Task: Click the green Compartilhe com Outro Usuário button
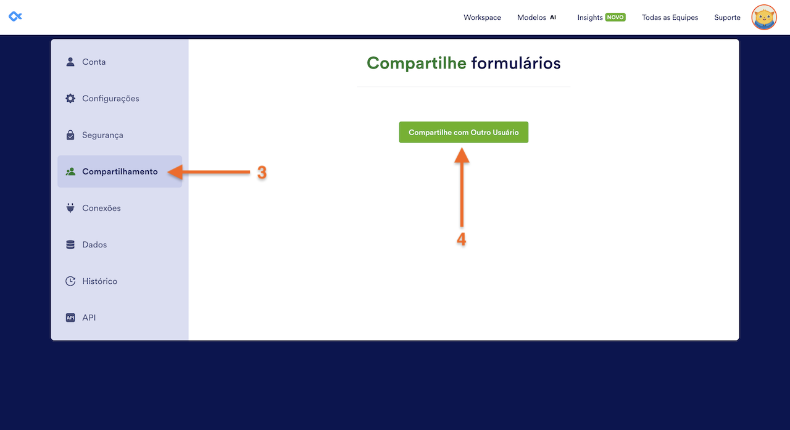coord(464,133)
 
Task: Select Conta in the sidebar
coord(94,62)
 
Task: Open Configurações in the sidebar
coord(110,99)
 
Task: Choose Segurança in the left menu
coord(102,135)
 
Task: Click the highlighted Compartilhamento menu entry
coord(120,172)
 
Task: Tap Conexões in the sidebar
coord(101,209)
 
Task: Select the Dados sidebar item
coord(94,245)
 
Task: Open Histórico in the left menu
coord(99,281)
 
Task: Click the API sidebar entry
coord(89,318)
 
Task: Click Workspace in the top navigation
coord(482,17)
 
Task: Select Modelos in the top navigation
coord(531,17)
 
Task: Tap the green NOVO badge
coord(615,17)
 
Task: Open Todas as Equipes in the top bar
coord(670,17)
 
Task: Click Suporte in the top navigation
coord(727,17)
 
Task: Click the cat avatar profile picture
coord(764,17)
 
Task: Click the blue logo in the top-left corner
coord(15,16)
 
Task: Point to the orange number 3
coord(262,173)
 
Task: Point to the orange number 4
coord(461,240)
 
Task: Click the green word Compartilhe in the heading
coord(416,63)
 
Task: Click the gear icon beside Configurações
coord(70,99)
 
